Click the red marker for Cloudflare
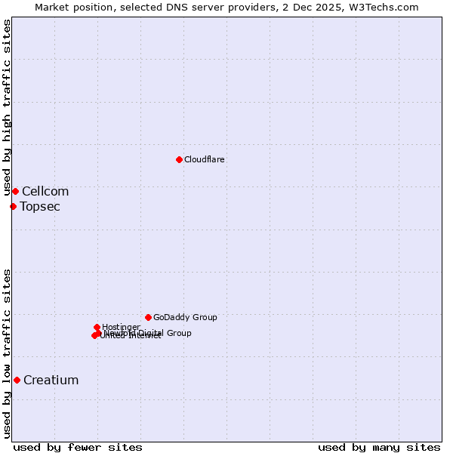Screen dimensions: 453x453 pos(179,159)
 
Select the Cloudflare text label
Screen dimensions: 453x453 pos(205,160)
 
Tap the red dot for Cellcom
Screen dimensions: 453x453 pos(15,191)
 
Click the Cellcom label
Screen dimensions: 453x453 pos(45,192)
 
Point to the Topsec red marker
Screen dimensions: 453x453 pos(13,206)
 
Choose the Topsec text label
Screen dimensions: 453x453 pos(40,207)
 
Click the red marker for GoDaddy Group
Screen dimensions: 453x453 pos(148,317)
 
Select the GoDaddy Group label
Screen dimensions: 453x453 pos(185,318)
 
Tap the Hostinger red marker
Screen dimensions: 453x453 pos(97,327)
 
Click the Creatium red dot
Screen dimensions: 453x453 pos(17,380)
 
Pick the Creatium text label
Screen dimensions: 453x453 pos(51,381)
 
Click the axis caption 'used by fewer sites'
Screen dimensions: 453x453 pos(78,447)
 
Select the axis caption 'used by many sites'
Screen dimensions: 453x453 pos(379,447)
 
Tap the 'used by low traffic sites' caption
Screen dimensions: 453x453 pos(8,353)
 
